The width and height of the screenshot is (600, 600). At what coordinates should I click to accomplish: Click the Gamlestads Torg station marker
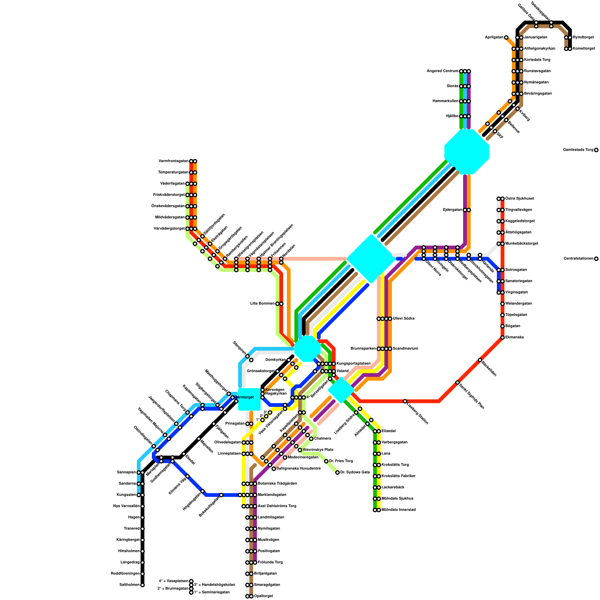coord(596,150)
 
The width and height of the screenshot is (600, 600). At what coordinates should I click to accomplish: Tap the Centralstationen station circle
coord(596,259)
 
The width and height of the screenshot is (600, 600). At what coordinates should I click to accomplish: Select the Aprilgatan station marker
coord(506,37)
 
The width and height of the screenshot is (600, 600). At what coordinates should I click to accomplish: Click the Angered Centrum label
coord(442,71)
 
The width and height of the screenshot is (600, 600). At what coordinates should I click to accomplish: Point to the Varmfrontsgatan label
coord(173,161)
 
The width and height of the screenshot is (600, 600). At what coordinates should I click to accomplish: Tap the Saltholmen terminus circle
coord(142,585)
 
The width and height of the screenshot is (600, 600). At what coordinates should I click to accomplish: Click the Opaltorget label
coord(263,596)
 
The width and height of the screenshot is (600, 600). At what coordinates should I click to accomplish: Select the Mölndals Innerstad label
coord(398,510)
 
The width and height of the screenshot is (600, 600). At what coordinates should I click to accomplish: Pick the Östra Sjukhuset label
coord(519,199)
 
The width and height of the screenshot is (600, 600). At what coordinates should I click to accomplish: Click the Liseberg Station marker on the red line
coord(405,401)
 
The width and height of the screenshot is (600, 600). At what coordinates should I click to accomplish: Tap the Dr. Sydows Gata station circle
coord(337,472)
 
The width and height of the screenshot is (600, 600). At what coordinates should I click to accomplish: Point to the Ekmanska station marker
coord(502,337)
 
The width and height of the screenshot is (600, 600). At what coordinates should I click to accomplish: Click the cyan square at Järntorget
coord(249,399)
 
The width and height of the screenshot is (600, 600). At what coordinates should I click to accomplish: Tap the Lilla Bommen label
coord(262,304)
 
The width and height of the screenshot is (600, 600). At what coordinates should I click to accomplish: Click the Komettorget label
coord(583,49)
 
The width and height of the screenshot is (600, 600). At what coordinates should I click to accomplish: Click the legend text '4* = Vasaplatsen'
coord(173,581)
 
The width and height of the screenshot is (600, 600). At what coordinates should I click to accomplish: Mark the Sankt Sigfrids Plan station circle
coord(457,382)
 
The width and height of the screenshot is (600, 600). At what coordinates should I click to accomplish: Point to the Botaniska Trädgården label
coord(277,484)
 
